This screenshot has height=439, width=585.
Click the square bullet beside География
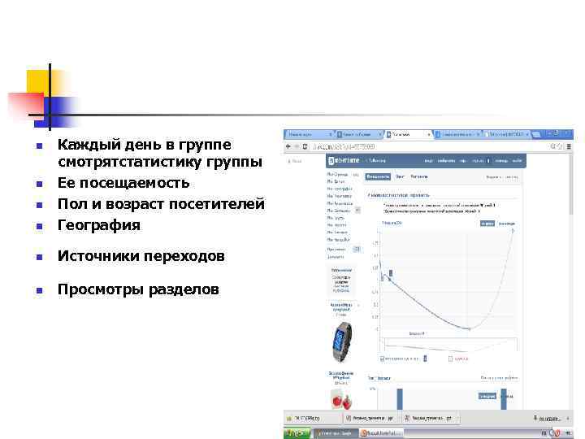[x=38, y=226]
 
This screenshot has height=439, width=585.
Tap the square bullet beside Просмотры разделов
[x=38, y=291]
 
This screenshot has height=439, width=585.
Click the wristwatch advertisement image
[x=340, y=342]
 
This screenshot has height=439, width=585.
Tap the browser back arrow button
[x=288, y=146]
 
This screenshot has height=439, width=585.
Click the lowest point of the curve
[x=468, y=328]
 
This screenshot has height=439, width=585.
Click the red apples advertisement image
[x=340, y=399]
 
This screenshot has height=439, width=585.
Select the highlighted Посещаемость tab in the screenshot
[x=379, y=176]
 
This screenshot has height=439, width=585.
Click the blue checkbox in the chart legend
[x=383, y=357]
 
